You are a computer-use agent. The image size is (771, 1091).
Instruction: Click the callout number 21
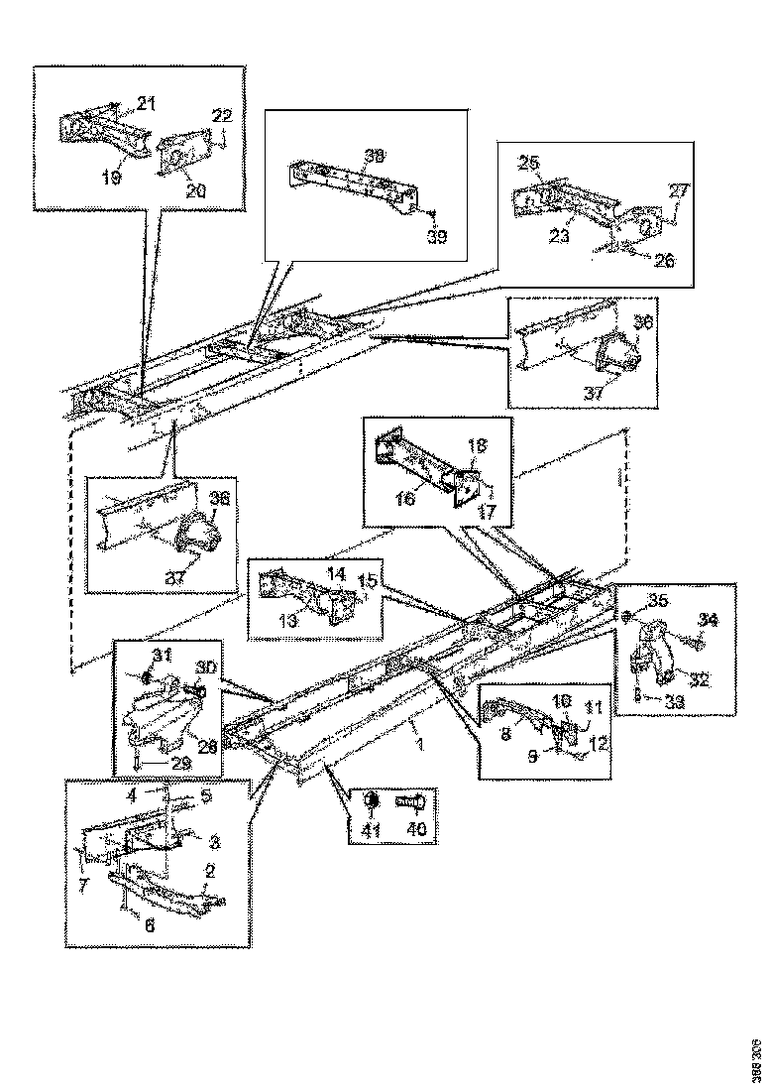(146, 103)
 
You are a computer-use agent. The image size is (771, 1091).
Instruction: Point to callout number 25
(530, 162)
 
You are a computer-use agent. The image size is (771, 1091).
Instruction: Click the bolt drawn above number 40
(411, 800)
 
